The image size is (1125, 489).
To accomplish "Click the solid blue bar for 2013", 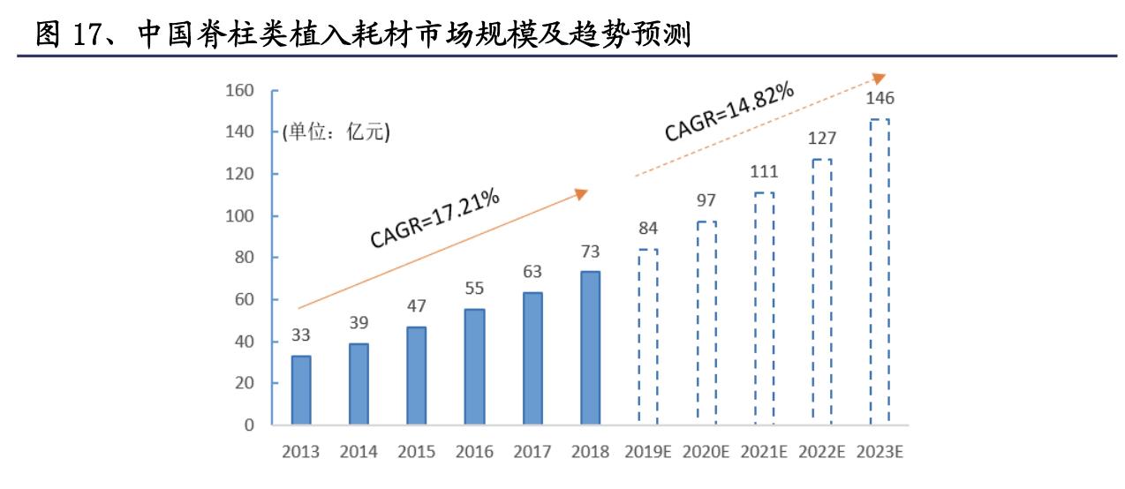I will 301,389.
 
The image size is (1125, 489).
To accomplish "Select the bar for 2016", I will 474,366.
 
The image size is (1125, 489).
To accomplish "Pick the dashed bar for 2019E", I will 648,336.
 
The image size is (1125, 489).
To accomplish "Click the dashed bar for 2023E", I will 879,272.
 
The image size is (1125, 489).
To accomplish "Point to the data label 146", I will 879,97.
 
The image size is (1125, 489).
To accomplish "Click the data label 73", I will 590,251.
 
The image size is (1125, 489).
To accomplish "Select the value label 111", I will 764,171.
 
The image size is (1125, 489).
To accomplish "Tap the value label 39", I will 359,322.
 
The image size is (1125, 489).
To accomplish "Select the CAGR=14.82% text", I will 729,112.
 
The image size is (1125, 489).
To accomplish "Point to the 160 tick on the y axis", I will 240,90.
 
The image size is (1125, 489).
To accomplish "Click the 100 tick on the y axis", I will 240,216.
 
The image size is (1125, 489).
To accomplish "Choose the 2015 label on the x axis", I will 416,452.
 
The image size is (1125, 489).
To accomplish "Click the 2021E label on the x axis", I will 764,452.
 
